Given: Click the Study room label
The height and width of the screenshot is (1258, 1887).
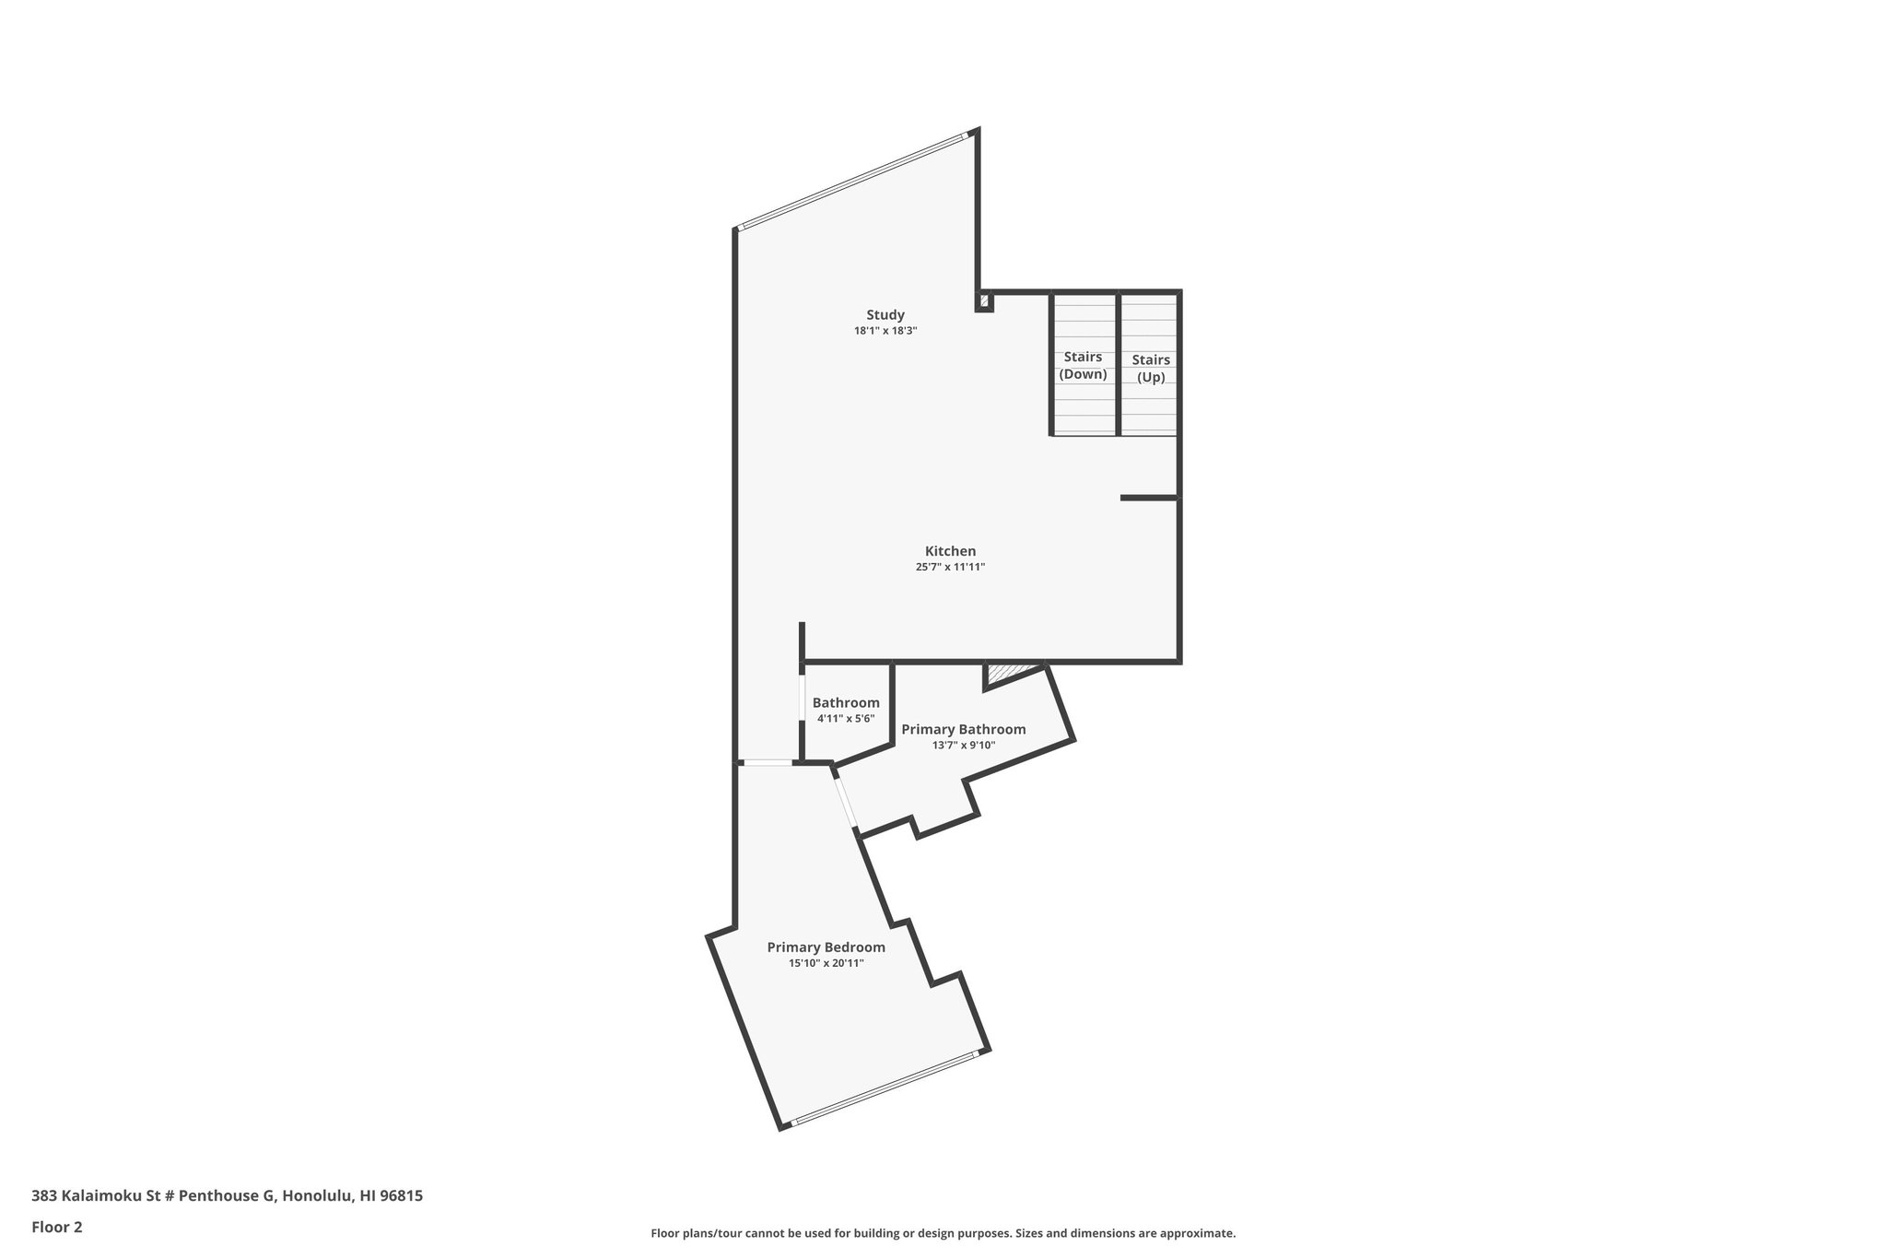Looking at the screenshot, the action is [885, 314].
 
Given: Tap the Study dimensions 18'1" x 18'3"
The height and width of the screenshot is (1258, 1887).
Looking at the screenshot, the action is [885, 330].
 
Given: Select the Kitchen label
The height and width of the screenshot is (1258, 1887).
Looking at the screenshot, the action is [950, 551].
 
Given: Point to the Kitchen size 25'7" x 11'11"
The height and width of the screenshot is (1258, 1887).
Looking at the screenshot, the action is [950, 567].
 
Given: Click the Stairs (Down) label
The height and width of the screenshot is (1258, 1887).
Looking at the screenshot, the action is [1083, 365].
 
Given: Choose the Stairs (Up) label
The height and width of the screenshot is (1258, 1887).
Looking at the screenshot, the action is [1151, 368].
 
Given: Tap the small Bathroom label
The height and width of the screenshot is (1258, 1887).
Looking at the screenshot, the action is [846, 702].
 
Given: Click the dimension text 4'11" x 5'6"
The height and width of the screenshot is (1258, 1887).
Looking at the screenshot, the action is [846, 718].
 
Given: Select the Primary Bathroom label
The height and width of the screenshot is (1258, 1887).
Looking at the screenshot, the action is [963, 729].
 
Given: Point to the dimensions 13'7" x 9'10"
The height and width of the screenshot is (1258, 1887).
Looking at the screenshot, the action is [964, 745].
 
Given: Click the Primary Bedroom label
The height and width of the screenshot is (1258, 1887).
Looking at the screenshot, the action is [826, 946].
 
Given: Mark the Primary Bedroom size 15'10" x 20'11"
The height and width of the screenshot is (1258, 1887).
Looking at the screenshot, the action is [826, 963].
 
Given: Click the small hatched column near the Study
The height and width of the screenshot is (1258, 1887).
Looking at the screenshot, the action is [984, 300].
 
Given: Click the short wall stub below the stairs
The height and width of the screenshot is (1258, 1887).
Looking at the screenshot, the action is [1149, 498].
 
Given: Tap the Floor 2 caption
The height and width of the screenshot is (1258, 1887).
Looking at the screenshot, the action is [57, 1227].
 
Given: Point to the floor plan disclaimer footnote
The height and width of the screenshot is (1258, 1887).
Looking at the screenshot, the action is [943, 1233].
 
